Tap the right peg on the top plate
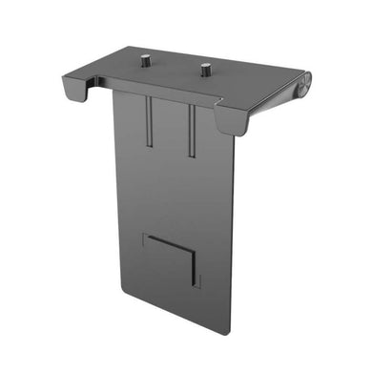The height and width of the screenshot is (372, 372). [x=205, y=69]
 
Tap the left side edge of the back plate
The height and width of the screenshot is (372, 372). [x=114, y=191]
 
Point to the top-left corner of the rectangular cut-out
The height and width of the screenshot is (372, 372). [x=142, y=233]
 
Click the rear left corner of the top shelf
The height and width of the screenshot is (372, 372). [x=115, y=45]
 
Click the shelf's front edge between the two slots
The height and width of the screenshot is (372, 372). [x=172, y=98]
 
